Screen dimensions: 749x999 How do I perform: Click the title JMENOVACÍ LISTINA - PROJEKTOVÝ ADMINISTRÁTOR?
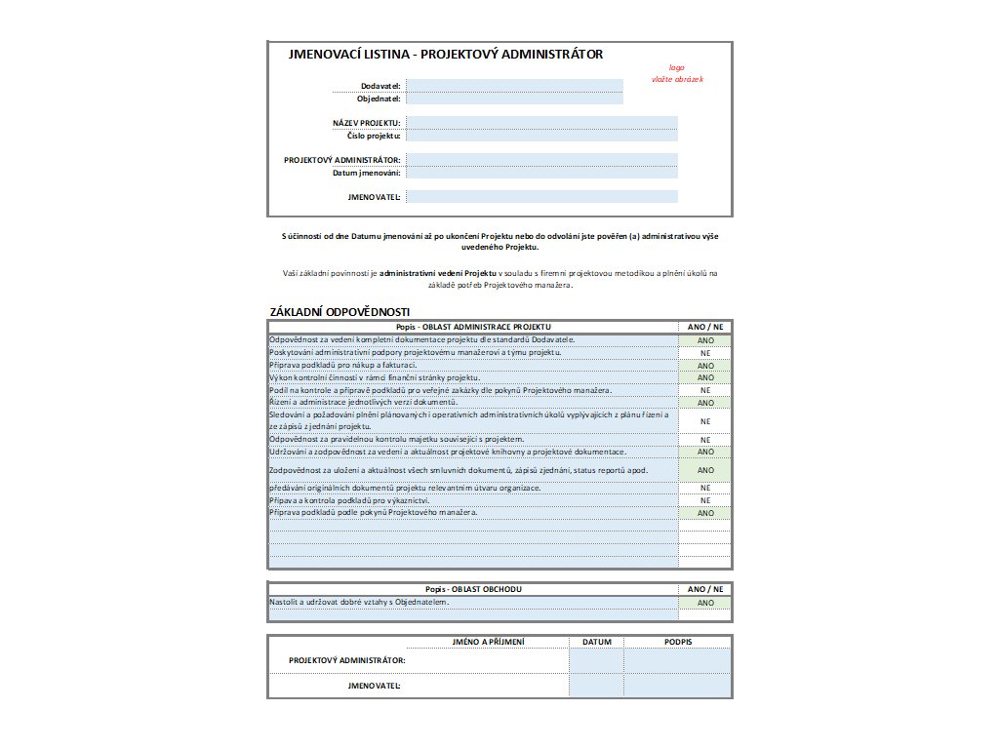pos(446,55)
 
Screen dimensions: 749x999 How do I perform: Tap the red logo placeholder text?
pos(676,73)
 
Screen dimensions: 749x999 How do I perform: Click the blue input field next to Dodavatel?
pos(514,86)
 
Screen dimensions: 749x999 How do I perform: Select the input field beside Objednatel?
pos(514,99)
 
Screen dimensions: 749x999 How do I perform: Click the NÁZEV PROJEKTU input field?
pos(541,122)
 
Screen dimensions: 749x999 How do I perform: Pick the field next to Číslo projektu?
pos(541,136)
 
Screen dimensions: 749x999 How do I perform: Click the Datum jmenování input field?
pos(541,173)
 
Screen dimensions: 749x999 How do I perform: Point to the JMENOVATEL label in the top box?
pos(374,197)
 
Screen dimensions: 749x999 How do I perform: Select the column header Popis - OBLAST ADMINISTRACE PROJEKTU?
pos(473,327)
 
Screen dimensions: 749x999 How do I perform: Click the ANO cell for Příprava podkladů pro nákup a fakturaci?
pos(705,366)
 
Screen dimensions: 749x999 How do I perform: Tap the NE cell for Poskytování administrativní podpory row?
pos(705,353)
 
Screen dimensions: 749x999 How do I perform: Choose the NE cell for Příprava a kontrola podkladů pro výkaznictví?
pos(705,500)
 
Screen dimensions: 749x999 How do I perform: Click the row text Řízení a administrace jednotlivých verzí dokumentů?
pos(363,402)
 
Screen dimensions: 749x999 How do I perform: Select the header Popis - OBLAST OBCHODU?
pos(473,589)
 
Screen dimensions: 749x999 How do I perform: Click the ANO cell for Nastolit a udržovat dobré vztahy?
pos(705,603)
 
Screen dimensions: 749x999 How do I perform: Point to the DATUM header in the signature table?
pos(596,642)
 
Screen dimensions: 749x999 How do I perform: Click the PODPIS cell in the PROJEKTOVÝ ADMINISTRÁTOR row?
pos(677,661)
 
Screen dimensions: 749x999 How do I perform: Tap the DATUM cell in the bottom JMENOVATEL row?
pos(596,687)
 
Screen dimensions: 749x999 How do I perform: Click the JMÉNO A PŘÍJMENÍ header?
pos(489,642)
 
